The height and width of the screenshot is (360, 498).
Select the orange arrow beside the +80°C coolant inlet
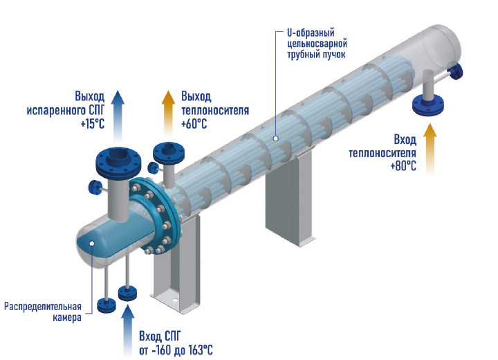[430, 147]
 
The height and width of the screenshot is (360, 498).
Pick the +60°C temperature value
[194, 124]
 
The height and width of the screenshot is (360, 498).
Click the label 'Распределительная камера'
[43, 312]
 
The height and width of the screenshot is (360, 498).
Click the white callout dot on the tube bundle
[275, 138]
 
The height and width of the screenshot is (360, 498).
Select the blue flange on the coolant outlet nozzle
[167, 151]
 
